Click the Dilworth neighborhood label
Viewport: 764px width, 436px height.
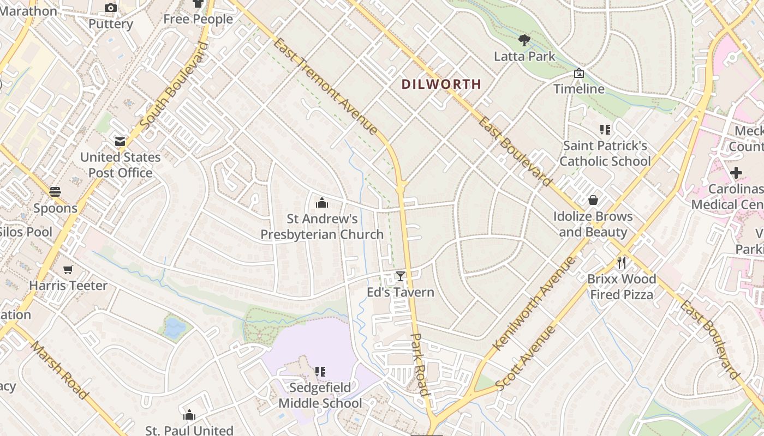click(x=441, y=84)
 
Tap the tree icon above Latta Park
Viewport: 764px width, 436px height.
click(x=524, y=40)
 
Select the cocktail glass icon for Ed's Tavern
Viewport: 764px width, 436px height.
click(x=401, y=276)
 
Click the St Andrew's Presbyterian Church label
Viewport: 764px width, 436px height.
click(x=322, y=227)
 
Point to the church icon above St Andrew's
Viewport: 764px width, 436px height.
click(x=322, y=203)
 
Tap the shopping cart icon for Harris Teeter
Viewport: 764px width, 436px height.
click(x=68, y=269)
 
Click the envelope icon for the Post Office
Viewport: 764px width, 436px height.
click(x=120, y=142)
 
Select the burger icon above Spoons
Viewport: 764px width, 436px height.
click(x=55, y=192)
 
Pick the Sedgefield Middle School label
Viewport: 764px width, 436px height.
click(x=320, y=396)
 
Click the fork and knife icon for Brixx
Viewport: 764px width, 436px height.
click(x=621, y=263)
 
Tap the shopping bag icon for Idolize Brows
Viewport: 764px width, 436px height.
click(x=593, y=200)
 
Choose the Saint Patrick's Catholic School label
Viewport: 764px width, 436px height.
click(x=605, y=153)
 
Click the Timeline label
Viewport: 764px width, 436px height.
click(x=579, y=89)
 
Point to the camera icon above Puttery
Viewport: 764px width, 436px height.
click(x=111, y=8)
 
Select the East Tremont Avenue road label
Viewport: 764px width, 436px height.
click(x=326, y=86)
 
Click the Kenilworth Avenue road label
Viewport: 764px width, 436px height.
click(x=534, y=304)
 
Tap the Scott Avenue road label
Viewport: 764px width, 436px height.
click(x=527, y=358)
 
